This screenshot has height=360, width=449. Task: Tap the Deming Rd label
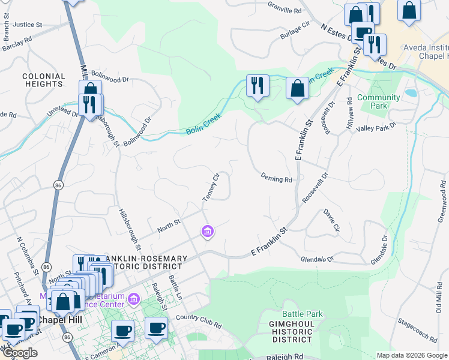[x=276, y=178]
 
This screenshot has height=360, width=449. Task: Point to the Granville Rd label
[x=285, y=11]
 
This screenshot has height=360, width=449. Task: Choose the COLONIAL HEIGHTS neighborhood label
[x=43, y=80]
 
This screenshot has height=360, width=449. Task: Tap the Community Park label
[x=378, y=101]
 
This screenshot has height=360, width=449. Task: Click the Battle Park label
[x=303, y=314]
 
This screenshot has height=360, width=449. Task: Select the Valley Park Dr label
[x=376, y=127]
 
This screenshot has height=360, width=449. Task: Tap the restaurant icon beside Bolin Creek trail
[x=258, y=85]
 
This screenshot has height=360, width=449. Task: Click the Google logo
[x=20, y=353]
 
